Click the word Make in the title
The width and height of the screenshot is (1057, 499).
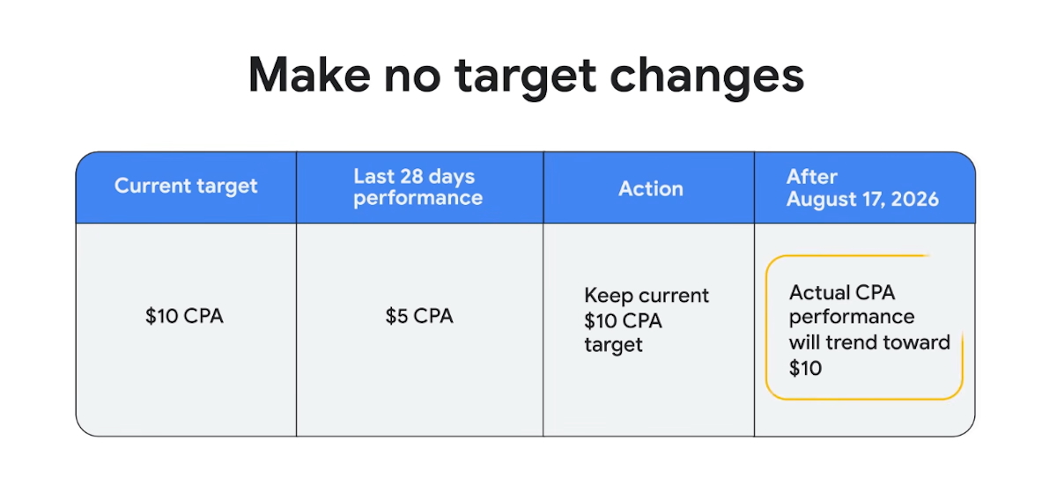[309, 75]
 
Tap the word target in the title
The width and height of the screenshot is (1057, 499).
[525, 77]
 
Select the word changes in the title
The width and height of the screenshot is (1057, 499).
[706, 77]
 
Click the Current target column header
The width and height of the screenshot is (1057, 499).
[186, 186]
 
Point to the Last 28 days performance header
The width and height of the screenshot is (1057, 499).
[418, 187]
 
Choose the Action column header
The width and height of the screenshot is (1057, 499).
[651, 188]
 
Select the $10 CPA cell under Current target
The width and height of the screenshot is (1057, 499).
[184, 316]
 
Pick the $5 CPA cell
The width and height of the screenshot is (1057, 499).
[419, 316]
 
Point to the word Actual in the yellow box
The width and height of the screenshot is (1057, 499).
[816, 292]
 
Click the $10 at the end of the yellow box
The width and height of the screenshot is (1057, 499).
[805, 368]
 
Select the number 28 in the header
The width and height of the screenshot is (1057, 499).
[412, 176]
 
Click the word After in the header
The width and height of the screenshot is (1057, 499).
[811, 177]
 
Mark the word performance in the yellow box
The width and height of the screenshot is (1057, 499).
[852, 317]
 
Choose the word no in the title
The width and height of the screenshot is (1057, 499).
[412, 77]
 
